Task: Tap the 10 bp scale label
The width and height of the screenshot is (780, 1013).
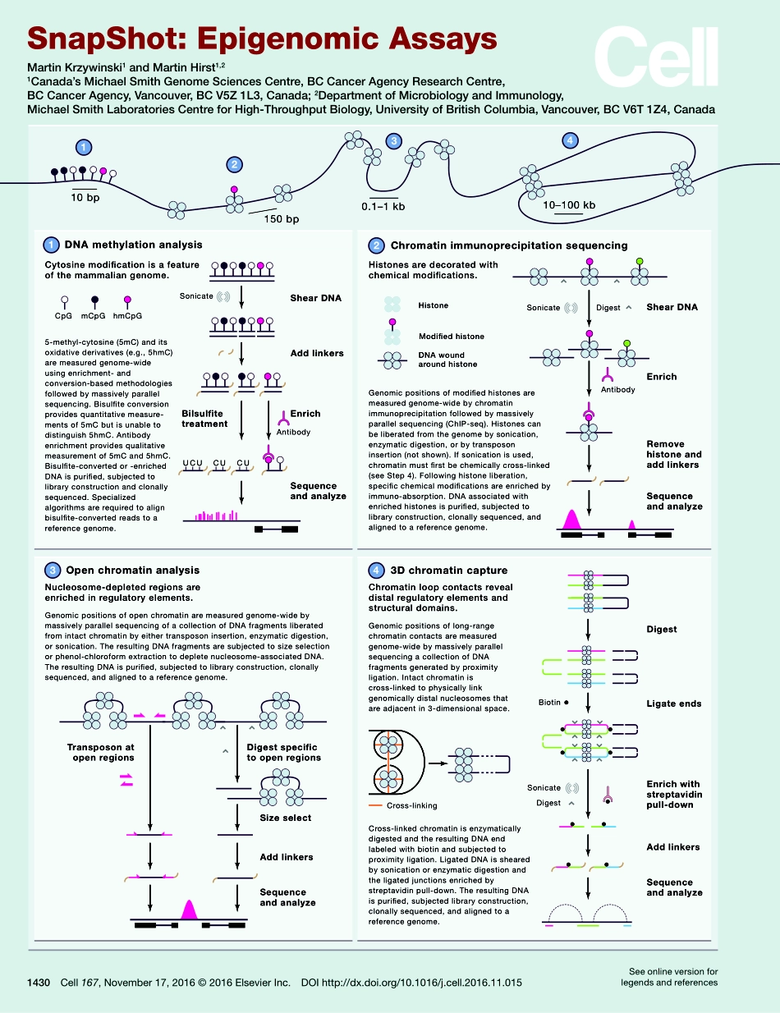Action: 85,199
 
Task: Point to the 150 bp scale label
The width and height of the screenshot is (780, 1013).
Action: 281,219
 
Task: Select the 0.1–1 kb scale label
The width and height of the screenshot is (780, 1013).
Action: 383,206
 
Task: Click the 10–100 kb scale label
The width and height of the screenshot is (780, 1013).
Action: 569,204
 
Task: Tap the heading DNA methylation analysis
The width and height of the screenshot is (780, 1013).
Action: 133,245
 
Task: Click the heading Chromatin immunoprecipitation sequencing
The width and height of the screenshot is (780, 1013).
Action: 509,245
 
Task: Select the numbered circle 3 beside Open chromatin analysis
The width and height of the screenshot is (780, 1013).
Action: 52,571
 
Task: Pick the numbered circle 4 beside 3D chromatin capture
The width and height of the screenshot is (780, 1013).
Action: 376,571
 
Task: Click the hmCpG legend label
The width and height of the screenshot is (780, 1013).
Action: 127,315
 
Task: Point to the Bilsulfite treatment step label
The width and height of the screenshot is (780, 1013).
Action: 204,419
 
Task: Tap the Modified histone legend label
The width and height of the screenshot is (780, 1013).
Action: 451,337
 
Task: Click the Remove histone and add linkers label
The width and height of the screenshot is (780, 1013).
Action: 674,454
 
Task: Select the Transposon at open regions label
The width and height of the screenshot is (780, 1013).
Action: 100,753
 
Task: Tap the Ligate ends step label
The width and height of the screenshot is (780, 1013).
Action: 674,704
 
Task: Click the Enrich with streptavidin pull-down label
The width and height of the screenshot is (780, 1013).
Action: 674,794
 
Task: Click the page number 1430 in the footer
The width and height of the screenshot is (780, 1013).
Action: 39,982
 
